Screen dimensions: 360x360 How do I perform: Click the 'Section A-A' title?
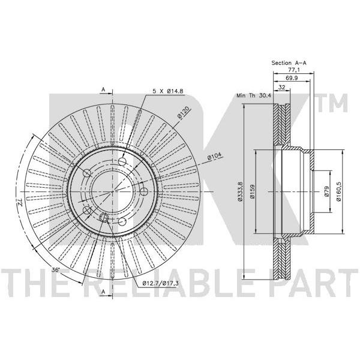point(289,62)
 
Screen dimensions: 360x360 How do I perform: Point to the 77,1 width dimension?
point(294,70)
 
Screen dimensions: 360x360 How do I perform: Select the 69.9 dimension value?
point(292,78)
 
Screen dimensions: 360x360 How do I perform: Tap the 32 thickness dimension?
point(282,87)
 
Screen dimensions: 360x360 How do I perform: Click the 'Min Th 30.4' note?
point(254,95)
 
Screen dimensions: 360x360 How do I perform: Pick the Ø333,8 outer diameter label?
point(240,191)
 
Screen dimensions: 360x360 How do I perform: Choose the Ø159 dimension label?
point(253,191)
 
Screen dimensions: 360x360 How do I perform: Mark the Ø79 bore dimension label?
point(327,191)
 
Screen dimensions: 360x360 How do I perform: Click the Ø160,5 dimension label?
point(339,191)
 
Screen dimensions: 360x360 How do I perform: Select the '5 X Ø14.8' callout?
point(168,91)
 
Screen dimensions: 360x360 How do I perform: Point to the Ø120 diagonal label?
point(184,113)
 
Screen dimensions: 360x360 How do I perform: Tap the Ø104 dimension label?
point(214,157)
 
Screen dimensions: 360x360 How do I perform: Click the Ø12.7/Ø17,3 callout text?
point(160,283)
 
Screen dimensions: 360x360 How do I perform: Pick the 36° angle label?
point(56,270)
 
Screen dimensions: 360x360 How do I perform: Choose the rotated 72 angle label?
point(20,203)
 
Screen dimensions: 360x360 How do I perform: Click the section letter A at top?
point(103,89)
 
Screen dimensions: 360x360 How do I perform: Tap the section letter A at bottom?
point(103,292)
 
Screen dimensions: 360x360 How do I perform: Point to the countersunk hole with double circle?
point(104,217)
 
